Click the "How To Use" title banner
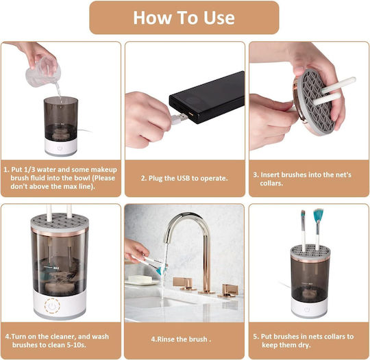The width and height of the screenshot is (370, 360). tap(184, 18)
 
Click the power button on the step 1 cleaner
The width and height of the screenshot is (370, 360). tap(60, 146)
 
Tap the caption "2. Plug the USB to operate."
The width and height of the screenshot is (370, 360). tap(184, 179)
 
